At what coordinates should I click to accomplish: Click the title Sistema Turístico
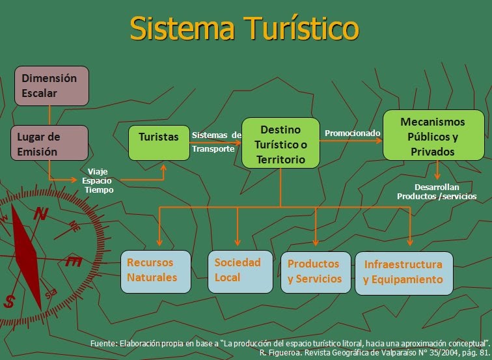coord(244,28)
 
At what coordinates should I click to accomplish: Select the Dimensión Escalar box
coord(51,86)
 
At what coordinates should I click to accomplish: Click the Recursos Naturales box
coord(156,270)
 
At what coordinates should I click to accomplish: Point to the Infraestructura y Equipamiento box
coord(403,272)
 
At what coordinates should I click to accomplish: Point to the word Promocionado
coord(352,133)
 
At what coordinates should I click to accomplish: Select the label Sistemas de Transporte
coord(215,142)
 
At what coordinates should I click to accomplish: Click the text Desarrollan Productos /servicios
coord(437,191)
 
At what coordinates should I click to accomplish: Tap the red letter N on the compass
coord(40,214)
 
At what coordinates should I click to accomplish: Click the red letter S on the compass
coord(10,302)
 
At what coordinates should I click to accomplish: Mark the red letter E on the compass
coord(74,262)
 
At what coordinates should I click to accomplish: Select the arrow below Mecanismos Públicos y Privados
coord(437,171)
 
